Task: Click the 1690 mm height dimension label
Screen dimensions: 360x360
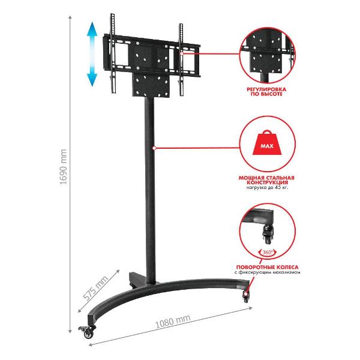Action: coord(63,167)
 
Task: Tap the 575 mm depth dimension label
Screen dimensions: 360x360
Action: coord(95,288)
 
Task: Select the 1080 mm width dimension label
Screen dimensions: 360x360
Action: coord(173,322)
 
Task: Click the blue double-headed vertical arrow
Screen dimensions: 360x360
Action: coord(92,54)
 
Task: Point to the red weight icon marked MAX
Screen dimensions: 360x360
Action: coord(267,143)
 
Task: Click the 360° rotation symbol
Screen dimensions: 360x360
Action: coord(268,253)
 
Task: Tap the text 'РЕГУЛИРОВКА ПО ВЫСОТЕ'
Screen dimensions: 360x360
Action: coord(266,91)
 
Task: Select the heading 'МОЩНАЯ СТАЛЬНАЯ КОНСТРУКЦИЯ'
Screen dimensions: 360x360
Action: coord(266,180)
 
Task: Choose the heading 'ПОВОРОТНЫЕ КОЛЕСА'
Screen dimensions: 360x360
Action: coord(267,267)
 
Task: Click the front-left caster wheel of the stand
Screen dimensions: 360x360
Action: coord(87,332)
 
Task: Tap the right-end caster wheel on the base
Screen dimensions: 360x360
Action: coord(246,297)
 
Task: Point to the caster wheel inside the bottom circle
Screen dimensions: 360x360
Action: coord(268,234)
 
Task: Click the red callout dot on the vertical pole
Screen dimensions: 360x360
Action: coord(154,148)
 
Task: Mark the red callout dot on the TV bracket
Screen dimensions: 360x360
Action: coord(182,53)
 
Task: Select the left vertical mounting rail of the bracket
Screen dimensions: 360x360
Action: coord(113,53)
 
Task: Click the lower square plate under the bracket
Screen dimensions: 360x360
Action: coord(151,85)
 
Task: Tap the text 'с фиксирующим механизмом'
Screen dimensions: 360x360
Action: coord(267,272)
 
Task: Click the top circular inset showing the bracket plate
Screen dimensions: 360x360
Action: coord(268,55)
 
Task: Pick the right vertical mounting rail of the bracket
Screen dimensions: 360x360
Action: coord(181,59)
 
